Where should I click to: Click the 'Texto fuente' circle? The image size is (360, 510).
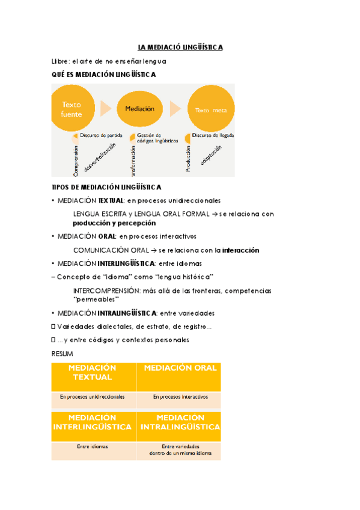tap(72, 109)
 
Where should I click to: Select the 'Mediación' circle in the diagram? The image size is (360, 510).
tap(140, 109)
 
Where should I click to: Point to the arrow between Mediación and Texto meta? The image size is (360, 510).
tap(175, 109)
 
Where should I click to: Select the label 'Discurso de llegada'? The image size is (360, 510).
tap(213, 135)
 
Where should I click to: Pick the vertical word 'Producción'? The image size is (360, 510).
tap(188, 159)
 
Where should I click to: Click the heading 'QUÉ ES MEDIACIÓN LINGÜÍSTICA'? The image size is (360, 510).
tap(104, 75)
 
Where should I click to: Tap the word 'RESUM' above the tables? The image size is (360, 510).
tap(63, 354)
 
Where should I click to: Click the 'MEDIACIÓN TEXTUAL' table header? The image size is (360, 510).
tap(93, 373)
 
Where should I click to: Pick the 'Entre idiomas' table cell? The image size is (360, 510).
tap(92, 447)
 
